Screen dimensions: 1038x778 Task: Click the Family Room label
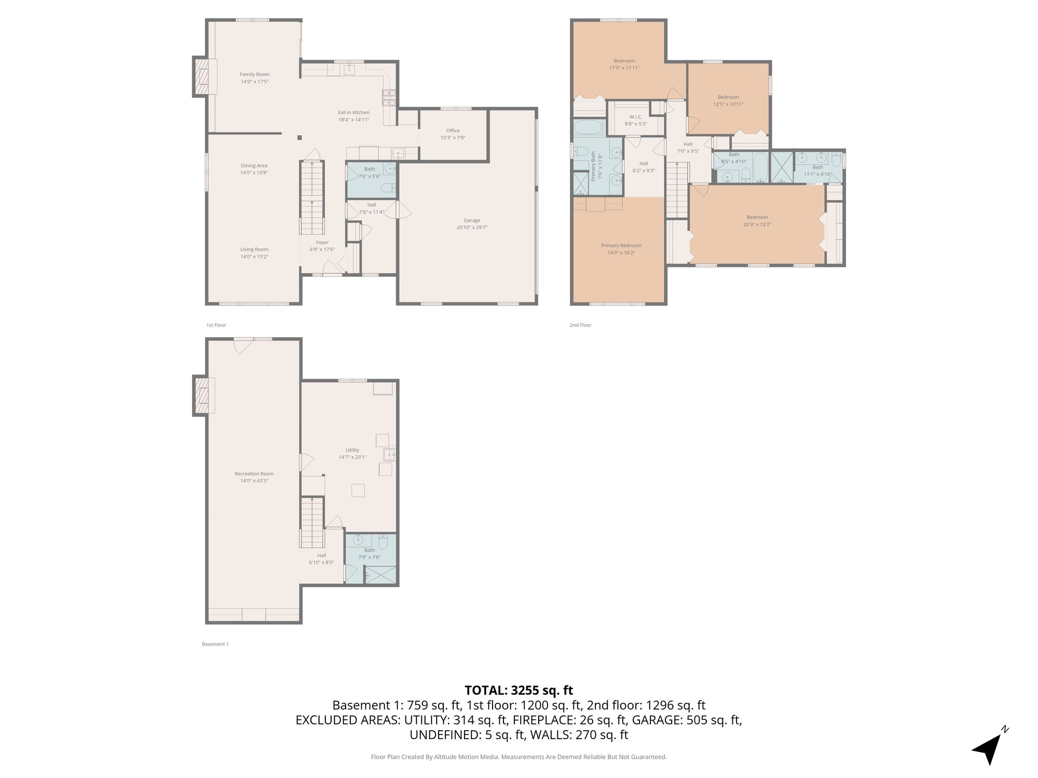pos(254,74)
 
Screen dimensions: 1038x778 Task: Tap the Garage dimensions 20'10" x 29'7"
pos(472,227)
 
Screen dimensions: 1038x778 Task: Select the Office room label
pos(453,131)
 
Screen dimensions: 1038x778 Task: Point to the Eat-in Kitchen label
pos(353,113)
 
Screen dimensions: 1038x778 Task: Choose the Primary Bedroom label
pos(621,245)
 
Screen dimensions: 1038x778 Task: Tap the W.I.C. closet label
pos(636,117)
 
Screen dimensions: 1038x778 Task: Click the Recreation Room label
pos(254,474)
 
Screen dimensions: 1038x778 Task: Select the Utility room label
pos(352,450)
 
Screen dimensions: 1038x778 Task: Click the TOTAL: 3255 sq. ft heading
pos(518,690)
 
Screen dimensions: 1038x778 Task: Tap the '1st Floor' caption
pos(216,325)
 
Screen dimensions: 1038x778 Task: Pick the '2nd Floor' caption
pos(581,325)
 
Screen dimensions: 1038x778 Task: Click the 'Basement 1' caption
pos(215,644)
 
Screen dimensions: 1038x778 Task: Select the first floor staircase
pos(312,198)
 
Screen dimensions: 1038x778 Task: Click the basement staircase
pos(312,522)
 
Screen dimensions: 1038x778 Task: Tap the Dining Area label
pos(254,166)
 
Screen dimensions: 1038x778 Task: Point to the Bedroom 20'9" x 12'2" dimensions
pos(757,225)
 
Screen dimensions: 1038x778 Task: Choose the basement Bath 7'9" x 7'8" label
pos(370,554)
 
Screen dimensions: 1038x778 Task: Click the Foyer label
pos(322,242)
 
